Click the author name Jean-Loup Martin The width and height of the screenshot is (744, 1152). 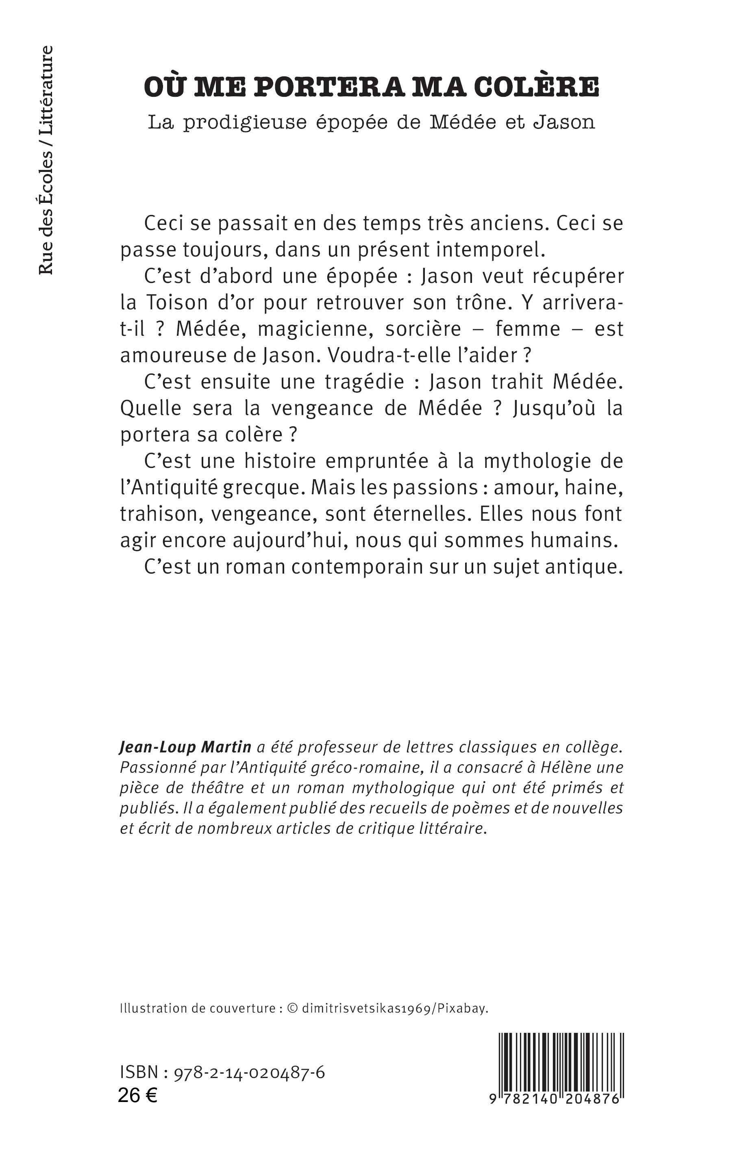185,747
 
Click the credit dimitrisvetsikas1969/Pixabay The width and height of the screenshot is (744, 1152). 394,1009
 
